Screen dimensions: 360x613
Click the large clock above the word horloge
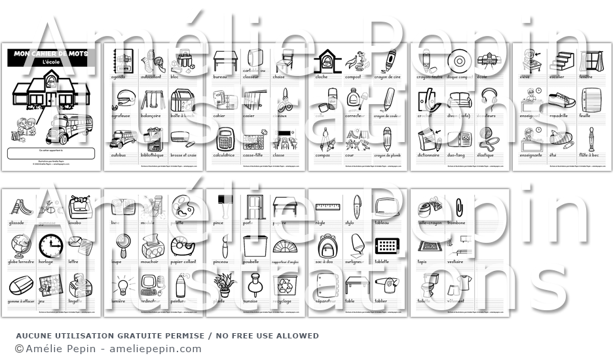tap(50, 245)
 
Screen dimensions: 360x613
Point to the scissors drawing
tap(284, 99)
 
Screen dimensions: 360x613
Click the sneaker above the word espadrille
tap(562, 100)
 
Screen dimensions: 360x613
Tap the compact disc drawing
tap(458, 60)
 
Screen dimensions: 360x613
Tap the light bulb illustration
tap(121, 285)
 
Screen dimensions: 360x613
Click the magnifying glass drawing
tap(121, 245)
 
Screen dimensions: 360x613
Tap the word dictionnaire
tap(429, 155)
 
